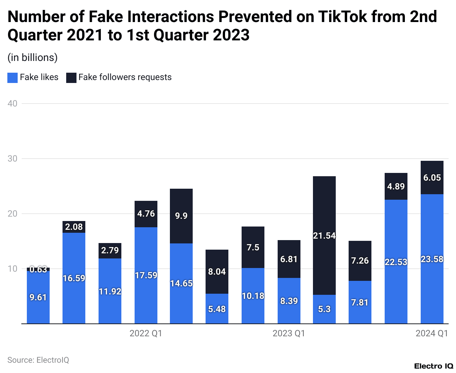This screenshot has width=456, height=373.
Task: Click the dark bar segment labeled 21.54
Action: click(x=324, y=235)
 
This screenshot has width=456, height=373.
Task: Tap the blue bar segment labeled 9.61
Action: click(x=38, y=297)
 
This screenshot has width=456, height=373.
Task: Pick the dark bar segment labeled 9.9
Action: click(x=181, y=216)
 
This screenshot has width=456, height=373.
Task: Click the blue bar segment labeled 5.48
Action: click(x=217, y=309)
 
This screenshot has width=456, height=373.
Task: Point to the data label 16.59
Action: click(x=74, y=278)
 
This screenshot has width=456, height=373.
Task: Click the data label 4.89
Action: click(x=396, y=186)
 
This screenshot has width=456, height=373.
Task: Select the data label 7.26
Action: click(x=360, y=261)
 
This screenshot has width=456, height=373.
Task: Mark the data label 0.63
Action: click(x=38, y=269)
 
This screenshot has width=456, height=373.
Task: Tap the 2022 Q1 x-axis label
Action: click(x=146, y=333)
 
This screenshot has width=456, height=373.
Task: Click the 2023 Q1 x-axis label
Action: click(x=289, y=333)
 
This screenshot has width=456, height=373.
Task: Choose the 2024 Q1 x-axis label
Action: click(x=432, y=333)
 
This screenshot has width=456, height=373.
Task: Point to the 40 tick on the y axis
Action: click(x=13, y=104)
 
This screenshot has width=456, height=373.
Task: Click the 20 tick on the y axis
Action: click(x=13, y=214)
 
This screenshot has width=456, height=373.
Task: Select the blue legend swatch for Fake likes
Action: click(x=13, y=77)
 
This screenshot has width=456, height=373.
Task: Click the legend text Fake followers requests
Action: click(x=125, y=77)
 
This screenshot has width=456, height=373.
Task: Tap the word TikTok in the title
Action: click(x=342, y=17)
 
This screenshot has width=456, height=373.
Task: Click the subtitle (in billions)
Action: click(x=32, y=58)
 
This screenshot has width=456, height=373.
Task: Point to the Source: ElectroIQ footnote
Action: click(x=38, y=360)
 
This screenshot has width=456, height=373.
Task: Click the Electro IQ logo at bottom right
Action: click(x=434, y=366)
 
